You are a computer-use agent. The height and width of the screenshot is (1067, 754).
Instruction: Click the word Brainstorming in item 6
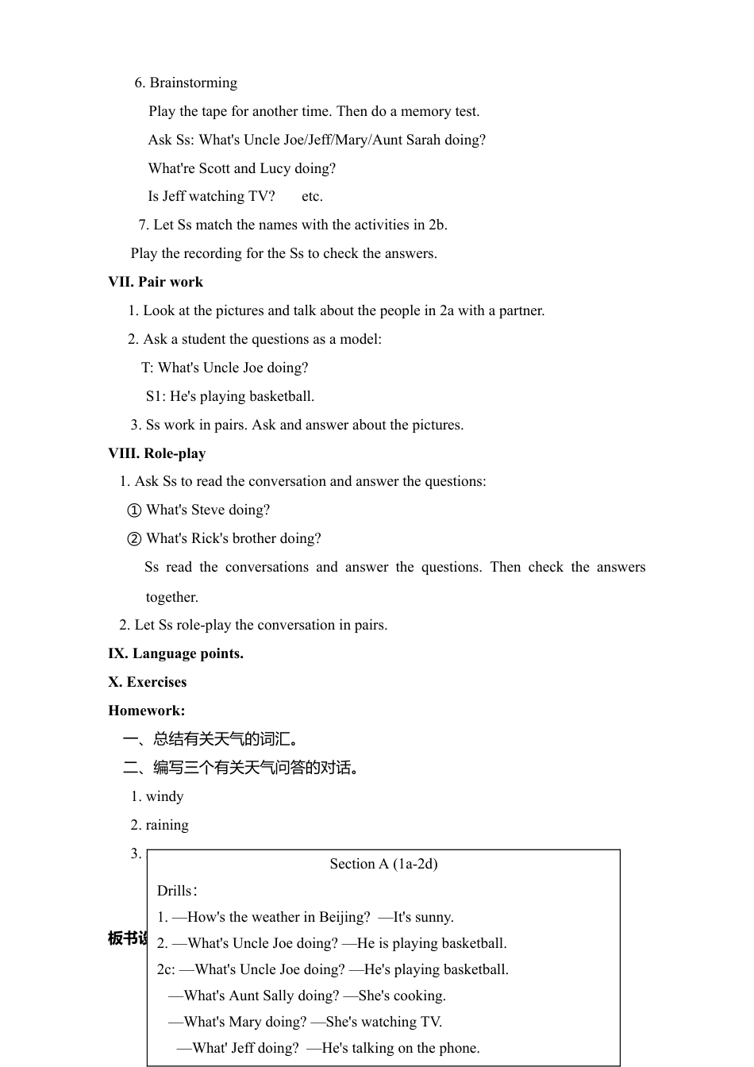point(193,83)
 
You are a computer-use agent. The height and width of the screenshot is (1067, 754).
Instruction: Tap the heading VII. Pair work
point(156,282)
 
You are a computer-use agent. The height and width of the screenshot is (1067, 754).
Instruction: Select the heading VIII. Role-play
point(157,453)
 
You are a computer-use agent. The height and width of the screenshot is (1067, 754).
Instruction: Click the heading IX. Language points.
point(175,653)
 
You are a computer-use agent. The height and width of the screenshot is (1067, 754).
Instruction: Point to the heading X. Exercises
point(148,682)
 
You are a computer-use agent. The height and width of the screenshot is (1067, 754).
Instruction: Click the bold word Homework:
point(147,711)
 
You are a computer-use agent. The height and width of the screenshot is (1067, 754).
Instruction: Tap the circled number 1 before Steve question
point(134,510)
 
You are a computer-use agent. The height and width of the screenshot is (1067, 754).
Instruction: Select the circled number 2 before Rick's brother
point(134,539)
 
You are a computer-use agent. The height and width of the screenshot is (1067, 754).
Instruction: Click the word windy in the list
point(165,796)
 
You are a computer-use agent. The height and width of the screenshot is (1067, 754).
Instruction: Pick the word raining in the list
point(167,825)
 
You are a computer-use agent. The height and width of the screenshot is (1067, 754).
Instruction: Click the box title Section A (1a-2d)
point(383,864)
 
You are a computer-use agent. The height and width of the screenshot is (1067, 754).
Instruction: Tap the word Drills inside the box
point(174,891)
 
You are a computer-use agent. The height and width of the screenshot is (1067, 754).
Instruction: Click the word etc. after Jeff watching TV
point(312,196)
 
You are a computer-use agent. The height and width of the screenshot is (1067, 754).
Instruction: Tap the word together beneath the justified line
point(171,597)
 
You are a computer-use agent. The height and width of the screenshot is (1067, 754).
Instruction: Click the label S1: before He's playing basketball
point(156,396)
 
